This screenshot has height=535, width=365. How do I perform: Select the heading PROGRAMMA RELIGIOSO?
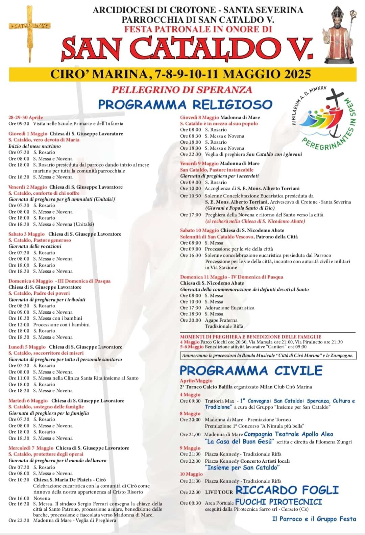click(185, 104)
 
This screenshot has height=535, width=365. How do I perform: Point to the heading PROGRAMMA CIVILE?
click(251, 370)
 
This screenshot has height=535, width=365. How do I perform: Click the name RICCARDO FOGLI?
click(287, 490)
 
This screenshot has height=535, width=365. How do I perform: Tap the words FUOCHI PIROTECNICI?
click(278, 502)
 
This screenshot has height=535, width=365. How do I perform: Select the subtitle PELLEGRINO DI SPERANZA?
click(182, 90)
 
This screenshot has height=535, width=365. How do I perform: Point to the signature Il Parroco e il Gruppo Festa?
click(314, 519)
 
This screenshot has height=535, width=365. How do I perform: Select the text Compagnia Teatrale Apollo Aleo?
click(289, 434)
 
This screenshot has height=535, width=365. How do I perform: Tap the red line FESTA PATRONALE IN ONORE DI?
click(198, 29)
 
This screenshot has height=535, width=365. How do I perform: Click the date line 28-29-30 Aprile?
click(26, 117)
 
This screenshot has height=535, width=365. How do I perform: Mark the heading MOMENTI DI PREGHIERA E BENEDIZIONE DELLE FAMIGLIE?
click(250, 337)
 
